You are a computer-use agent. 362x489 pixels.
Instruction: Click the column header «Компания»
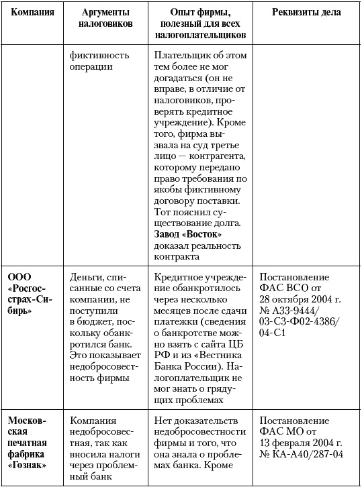pyautogui.click(x=32, y=13)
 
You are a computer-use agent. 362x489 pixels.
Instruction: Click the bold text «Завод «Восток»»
pyautogui.click(x=188, y=234)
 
